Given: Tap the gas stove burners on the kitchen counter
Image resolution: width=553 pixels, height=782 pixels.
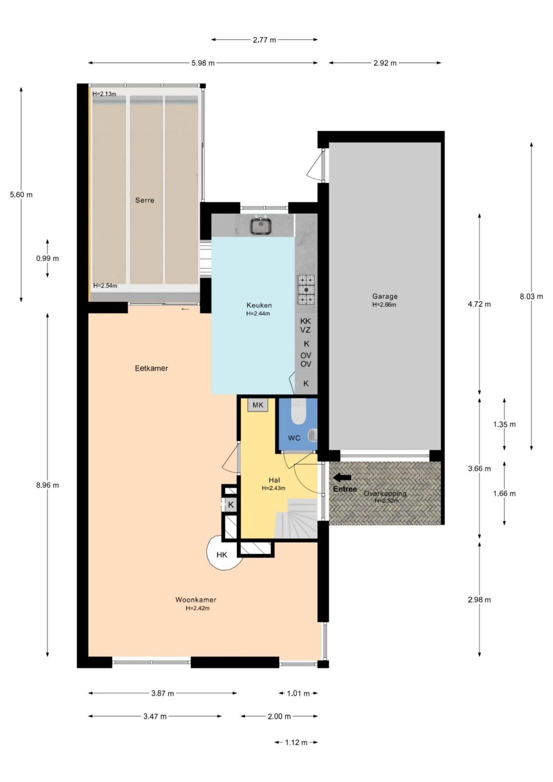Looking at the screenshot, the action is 306,289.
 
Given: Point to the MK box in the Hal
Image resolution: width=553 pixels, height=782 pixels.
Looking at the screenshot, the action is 258,405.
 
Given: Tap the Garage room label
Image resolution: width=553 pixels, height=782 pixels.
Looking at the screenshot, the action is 385,296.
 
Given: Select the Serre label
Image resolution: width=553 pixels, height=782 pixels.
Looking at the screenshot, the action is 145,200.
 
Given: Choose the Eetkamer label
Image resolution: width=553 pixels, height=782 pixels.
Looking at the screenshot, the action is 151,369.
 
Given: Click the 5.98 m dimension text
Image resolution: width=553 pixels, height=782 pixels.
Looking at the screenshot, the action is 203,63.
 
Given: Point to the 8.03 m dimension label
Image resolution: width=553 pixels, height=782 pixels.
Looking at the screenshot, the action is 531,296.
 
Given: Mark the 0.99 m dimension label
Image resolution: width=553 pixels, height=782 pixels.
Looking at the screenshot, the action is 47,259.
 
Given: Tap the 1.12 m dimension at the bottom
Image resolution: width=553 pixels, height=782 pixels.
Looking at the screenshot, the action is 296,742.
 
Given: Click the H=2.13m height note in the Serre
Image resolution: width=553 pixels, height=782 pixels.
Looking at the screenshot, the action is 104,94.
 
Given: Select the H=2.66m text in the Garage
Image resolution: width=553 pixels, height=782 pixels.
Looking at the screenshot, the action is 384,305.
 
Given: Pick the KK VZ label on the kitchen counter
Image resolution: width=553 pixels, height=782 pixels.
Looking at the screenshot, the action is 305,326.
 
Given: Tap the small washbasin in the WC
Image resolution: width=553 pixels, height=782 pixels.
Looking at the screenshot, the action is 312,435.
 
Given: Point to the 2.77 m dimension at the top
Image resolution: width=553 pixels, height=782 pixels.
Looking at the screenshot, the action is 265,40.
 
